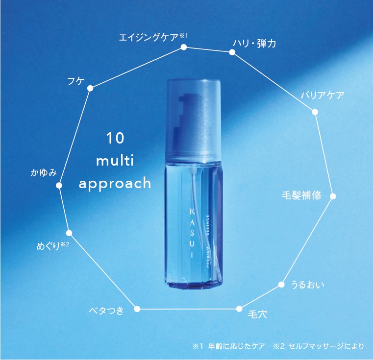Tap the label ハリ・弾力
tap(254, 44)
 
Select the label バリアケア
tap(322, 95)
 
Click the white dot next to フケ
tap(90, 89)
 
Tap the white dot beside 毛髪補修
tap(333, 196)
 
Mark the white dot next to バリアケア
tap(315, 112)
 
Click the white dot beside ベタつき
tap(137, 309)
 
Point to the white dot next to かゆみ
tap(59, 185)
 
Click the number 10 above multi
tap(115, 139)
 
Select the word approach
tap(115, 183)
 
